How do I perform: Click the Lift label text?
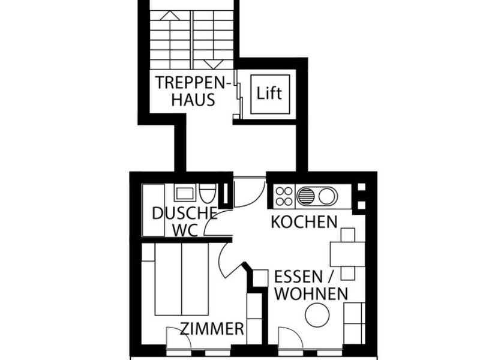click(x=269, y=93)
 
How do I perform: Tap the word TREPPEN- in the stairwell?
click(x=193, y=82)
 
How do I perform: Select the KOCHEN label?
click(x=304, y=222)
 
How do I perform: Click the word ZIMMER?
click(x=212, y=329)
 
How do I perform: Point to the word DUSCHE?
click(x=185, y=214)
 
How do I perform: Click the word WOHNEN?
click(x=311, y=294)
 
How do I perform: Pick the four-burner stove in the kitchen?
click(x=284, y=196)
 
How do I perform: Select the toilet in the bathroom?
click(x=208, y=193)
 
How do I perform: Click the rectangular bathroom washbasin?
click(x=185, y=193)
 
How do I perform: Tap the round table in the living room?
click(x=317, y=314)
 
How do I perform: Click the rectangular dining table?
click(x=347, y=254)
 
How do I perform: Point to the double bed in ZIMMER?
click(x=181, y=279)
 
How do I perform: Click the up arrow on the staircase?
click(x=170, y=16)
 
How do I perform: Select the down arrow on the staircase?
click(x=214, y=64)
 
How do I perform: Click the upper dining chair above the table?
click(x=348, y=235)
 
